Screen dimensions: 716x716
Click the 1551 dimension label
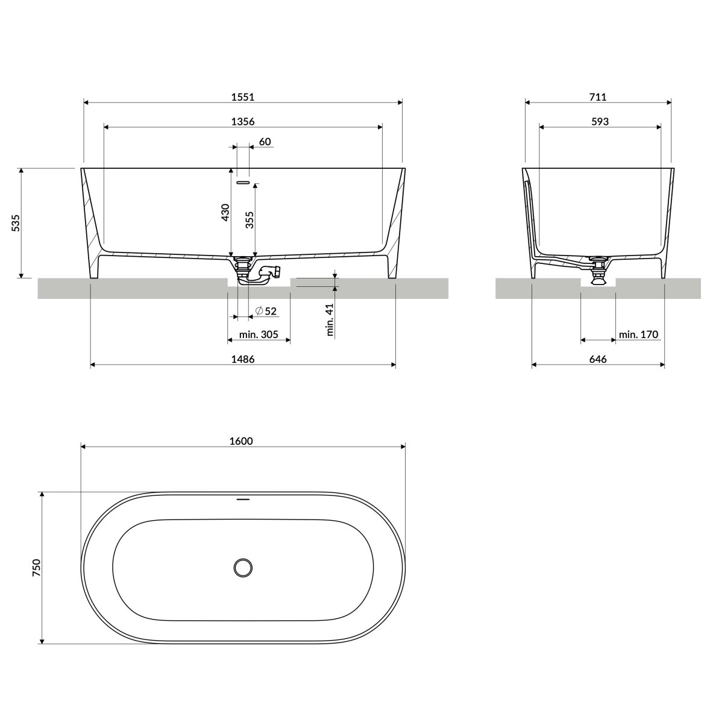tap(242, 97)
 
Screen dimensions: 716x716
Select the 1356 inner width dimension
tap(242, 122)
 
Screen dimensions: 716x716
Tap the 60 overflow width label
tap(265, 142)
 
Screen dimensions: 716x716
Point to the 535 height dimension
tap(16, 223)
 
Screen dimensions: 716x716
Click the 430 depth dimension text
tap(225, 213)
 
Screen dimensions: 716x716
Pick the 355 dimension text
tap(250, 219)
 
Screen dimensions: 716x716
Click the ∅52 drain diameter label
tap(266, 311)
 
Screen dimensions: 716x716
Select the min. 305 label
tap(259, 334)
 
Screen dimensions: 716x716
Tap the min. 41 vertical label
tap(330, 319)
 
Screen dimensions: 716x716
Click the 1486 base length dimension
tap(242, 359)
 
